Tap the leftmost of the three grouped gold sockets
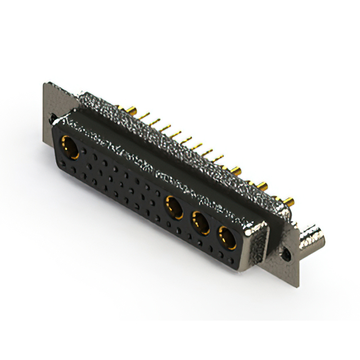(x=174, y=206)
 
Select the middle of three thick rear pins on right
(x=262, y=183)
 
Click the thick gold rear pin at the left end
(x=122, y=108)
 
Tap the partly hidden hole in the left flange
(x=52, y=119)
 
